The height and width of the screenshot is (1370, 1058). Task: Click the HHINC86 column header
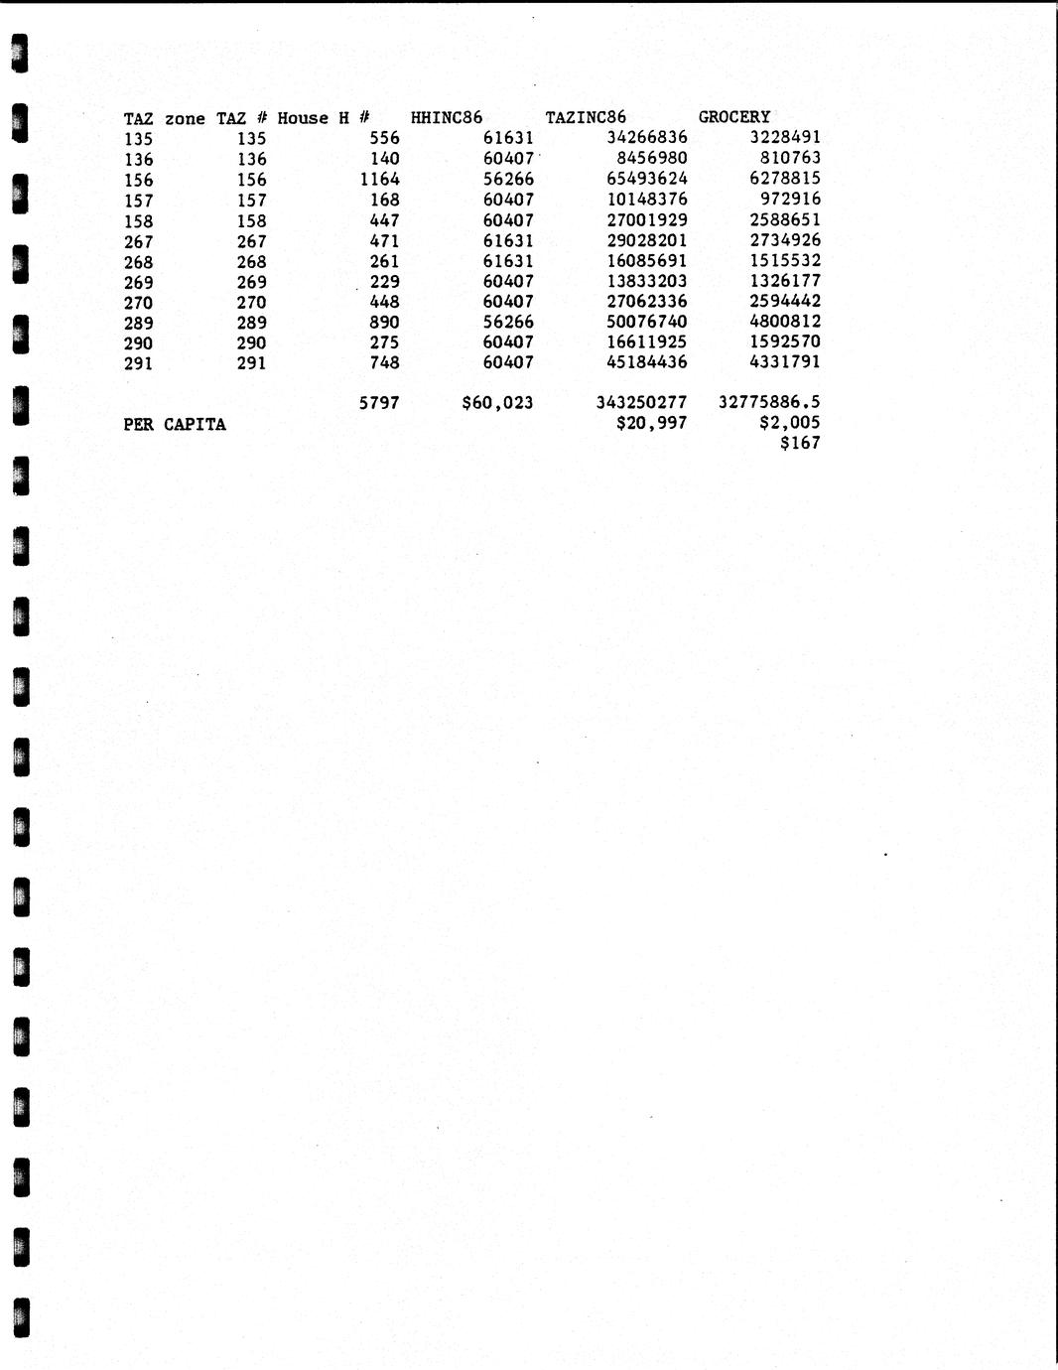click(x=447, y=117)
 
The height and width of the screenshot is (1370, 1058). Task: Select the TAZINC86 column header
click(x=586, y=117)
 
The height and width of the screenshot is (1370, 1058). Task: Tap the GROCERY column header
click(x=733, y=117)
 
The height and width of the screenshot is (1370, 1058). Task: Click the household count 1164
click(x=380, y=180)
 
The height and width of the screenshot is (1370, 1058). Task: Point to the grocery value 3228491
click(x=785, y=137)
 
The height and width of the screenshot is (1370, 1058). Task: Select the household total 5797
click(x=378, y=403)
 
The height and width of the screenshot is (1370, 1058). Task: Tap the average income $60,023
click(x=497, y=403)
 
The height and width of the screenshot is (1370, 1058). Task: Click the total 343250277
click(x=641, y=403)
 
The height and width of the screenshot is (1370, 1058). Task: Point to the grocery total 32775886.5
click(x=769, y=403)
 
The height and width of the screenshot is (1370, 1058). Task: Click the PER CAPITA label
click(x=175, y=425)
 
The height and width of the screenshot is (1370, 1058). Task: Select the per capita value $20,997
click(x=651, y=424)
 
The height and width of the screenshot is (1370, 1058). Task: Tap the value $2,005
click(x=789, y=424)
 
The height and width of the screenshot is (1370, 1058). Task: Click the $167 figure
click(x=800, y=444)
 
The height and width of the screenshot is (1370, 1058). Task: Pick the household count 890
click(x=383, y=322)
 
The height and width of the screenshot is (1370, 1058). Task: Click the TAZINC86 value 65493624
click(x=646, y=179)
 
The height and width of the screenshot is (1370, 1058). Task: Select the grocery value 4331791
click(x=785, y=362)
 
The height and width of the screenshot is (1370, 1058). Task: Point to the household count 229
click(x=383, y=282)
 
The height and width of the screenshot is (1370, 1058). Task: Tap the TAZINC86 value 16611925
click(x=646, y=342)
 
